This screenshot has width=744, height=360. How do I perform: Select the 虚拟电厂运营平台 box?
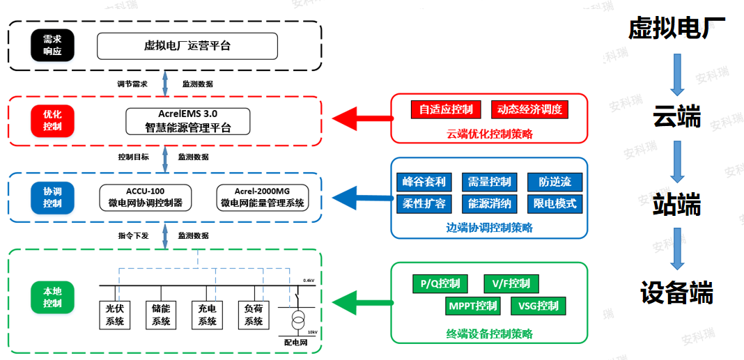point(187,46)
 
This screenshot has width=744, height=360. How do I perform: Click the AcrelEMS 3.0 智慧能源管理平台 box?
point(187,120)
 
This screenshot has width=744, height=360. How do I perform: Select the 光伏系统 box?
point(114,314)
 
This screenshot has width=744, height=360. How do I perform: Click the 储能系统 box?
point(161,314)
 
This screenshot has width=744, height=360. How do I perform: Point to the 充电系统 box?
point(207,314)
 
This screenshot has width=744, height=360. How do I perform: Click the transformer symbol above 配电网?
point(297,321)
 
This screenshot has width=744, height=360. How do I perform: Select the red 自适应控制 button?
point(446,109)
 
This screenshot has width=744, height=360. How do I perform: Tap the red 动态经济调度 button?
point(529,109)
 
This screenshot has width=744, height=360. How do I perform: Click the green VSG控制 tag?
point(538,306)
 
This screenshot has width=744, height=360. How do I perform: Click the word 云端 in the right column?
point(676,117)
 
